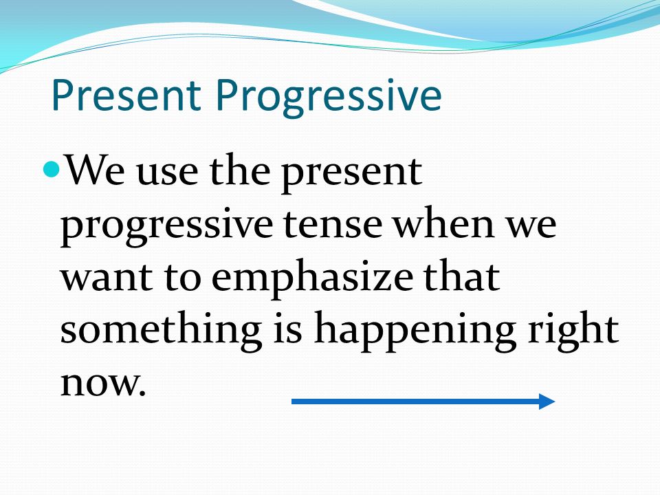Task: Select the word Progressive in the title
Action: coord(329,98)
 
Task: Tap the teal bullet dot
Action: coord(52,169)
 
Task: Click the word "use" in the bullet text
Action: coord(167,173)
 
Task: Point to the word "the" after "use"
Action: coord(239,170)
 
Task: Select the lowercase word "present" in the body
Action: coord(351,174)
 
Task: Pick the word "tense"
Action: coord(333,225)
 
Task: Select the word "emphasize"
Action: coord(312,278)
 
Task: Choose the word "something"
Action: coord(161,332)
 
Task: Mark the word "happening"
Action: coord(415,332)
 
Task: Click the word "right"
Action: coord(573,332)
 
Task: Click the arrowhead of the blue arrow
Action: coord(547,401)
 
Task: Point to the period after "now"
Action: coord(142,393)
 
